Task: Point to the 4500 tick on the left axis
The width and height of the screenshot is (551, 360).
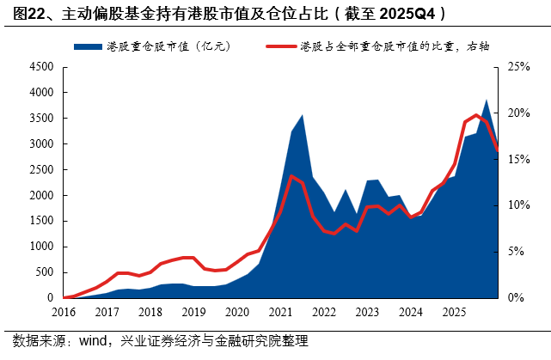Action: pos(40,67)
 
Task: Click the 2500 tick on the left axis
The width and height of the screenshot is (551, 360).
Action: pos(40,169)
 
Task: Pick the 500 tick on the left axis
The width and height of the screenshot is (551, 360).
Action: pos(43,272)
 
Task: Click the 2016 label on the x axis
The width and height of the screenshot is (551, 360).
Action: pos(64,312)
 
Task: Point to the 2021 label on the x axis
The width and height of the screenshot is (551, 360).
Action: pos(280,312)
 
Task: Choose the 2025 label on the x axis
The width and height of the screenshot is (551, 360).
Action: pos(453,312)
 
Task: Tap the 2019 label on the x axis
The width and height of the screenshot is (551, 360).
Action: pos(193,312)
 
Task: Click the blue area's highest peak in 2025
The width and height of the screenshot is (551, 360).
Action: pos(487,100)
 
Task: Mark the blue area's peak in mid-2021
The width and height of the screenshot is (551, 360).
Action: pos(302,115)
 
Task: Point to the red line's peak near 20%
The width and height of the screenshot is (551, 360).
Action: pos(476,115)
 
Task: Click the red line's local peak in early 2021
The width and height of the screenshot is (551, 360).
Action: pos(291,176)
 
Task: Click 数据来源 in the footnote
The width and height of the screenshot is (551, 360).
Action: pos(32,341)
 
